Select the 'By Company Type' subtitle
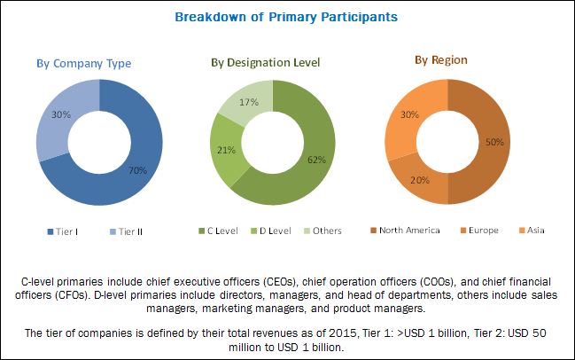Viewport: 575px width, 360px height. (x=83, y=63)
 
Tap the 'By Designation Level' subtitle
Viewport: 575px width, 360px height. (x=265, y=62)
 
